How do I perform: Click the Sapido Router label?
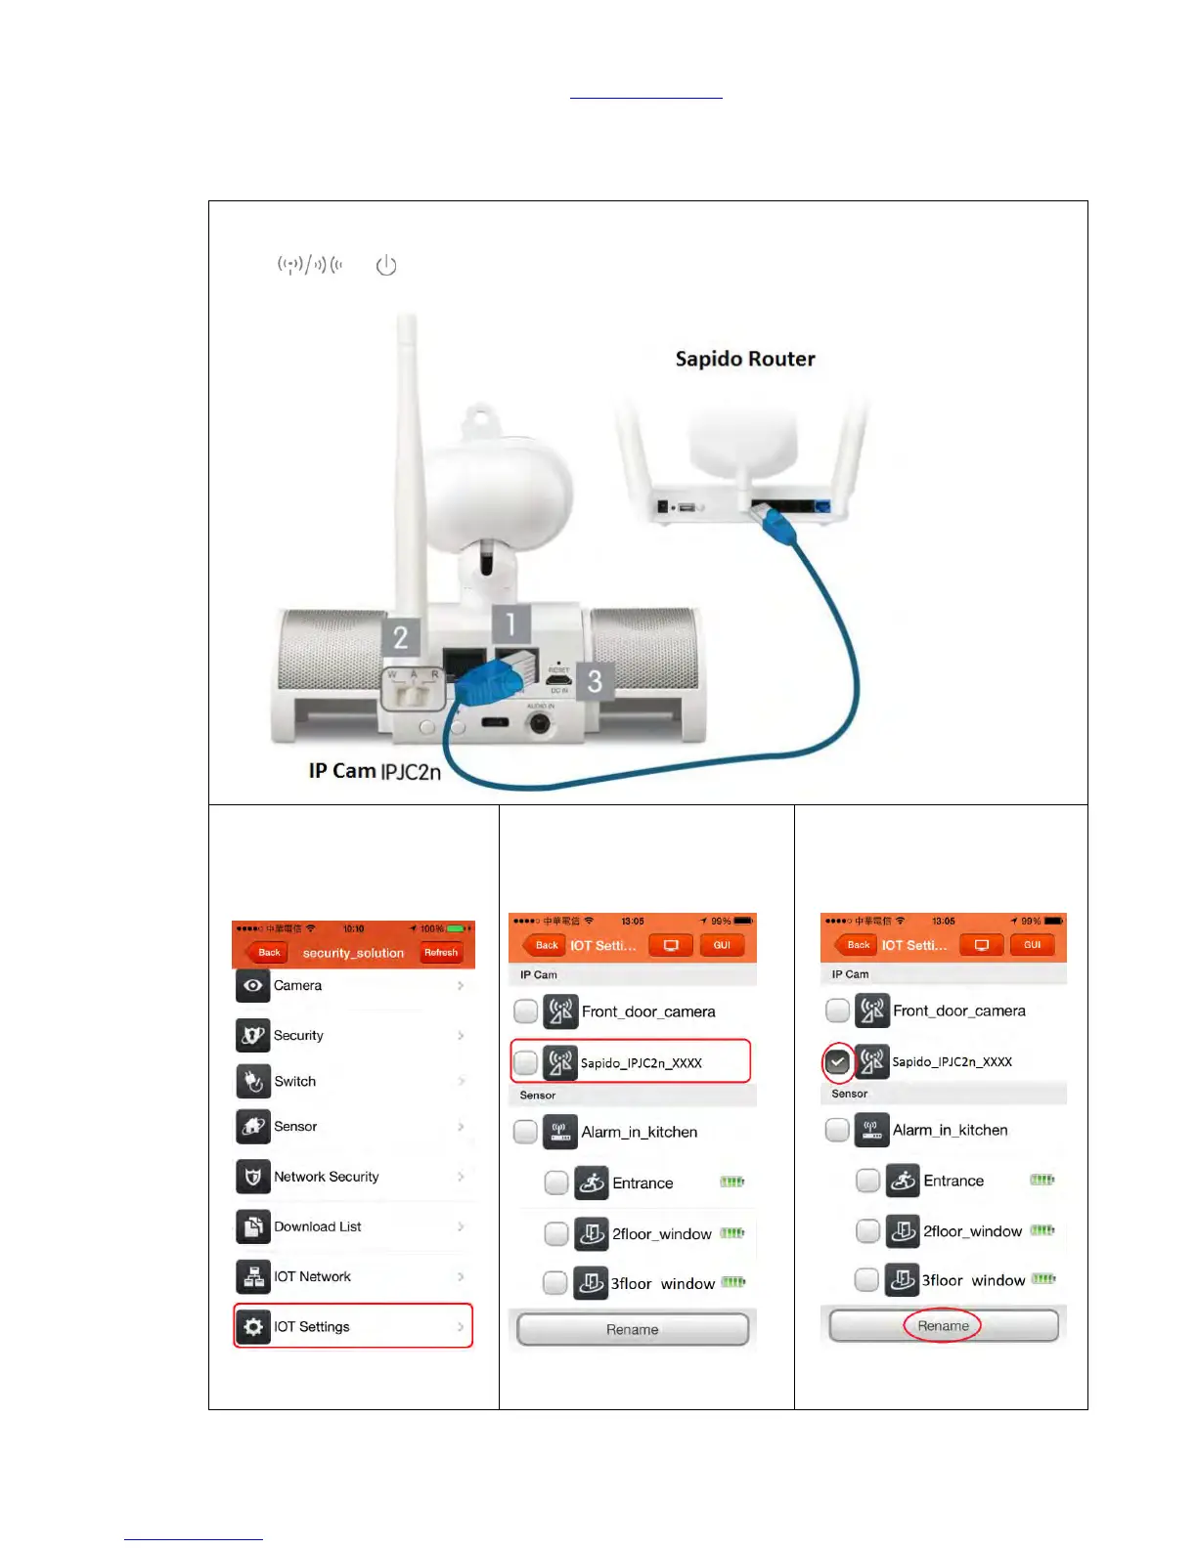click(x=745, y=359)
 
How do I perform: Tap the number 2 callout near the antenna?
click(x=401, y=637)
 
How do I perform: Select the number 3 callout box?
click(x=595, y=681)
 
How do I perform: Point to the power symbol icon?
click(x=386, y=265)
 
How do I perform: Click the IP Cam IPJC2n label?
click(x=375, y=771)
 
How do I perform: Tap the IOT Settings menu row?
click(x=353, y=1326)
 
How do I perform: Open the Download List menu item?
click(x=317, y=1226)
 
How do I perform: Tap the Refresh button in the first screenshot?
click(x=441, y=952)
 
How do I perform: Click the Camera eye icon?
click(x=253, y=985)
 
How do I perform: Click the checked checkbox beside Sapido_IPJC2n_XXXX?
click(x=838, y=1061)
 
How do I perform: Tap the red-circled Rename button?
click(x=943, y=1326)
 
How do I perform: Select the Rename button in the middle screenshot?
click(x=633, y=1330)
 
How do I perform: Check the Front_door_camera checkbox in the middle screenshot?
click(x=526, y=1011)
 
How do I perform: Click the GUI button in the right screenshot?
click(x=1032, y=945)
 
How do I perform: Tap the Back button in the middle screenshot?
click(x=546, y=945)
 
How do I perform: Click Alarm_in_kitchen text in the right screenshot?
click(x=950, y=1130)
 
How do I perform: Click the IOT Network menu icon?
click(x=253, y=1276)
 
